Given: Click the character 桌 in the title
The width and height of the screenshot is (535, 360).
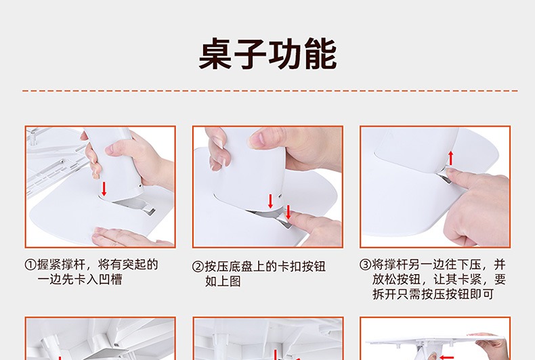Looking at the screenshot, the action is point(216,54).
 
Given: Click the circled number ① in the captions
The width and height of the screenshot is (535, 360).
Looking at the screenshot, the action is point(30,265).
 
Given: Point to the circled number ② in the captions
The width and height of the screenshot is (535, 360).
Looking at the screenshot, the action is point(198,267).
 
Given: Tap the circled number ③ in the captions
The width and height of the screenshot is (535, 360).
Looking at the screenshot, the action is point(366,265).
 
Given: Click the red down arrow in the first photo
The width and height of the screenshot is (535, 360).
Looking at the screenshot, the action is point(104,189).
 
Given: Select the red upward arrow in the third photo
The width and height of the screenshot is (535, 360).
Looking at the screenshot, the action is point(451,158).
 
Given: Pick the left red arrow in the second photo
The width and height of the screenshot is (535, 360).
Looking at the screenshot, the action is point(270,201).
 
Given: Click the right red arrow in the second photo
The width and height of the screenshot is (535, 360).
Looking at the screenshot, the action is point(288,212).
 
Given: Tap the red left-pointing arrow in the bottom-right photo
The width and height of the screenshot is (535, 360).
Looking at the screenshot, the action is point(447,357).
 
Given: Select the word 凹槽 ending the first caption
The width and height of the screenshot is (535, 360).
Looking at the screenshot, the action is point(110,279).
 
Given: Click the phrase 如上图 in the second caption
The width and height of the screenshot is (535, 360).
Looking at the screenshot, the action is point(223,282).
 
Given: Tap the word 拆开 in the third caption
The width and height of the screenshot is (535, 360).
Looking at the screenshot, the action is point(384,294).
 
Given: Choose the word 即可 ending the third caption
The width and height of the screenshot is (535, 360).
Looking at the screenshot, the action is point(481,294).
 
